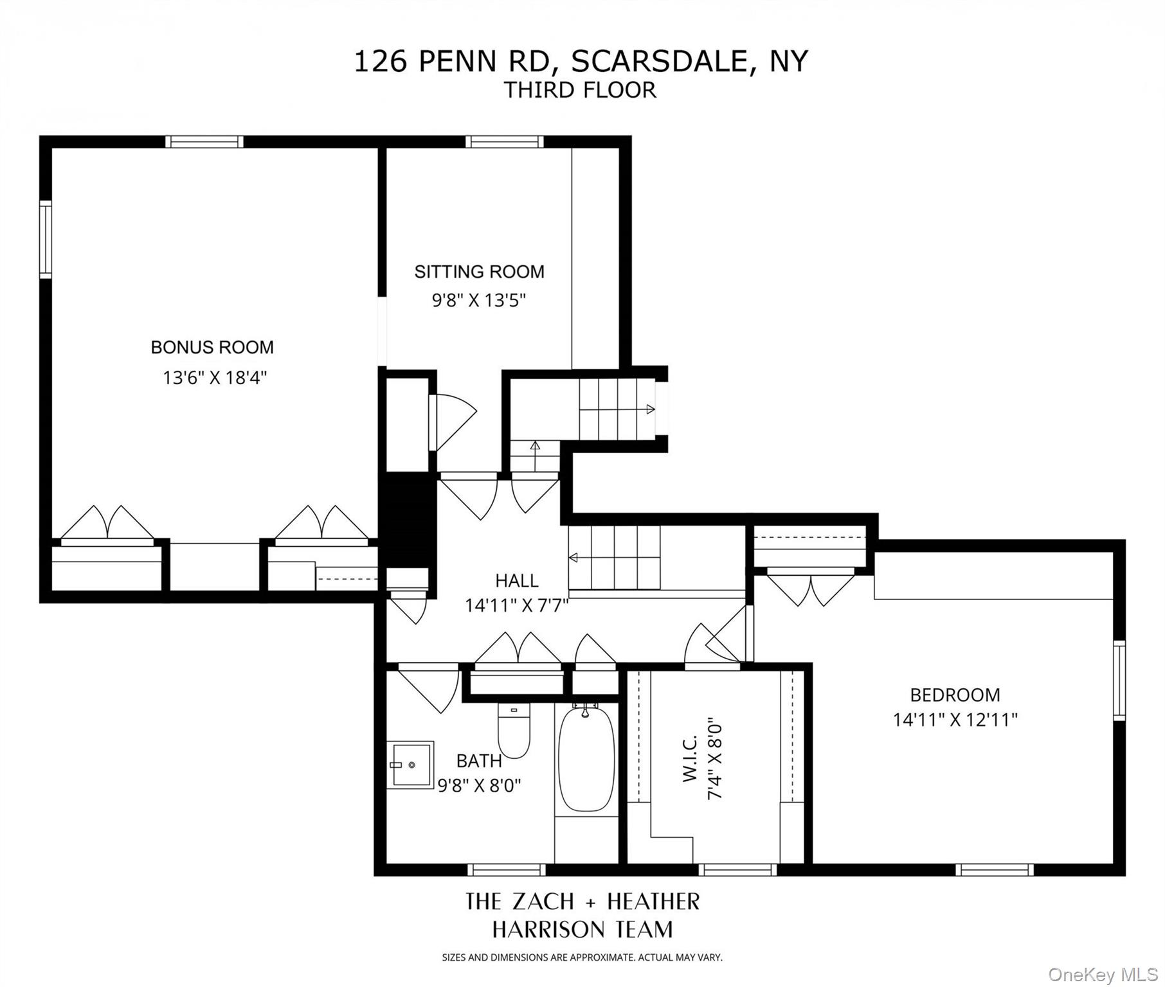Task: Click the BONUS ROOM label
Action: [x=212, y=348]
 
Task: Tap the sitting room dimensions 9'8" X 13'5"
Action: [x=479, y=300]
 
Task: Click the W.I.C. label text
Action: [x=690, y=760]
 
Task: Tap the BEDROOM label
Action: [x=955, y=695]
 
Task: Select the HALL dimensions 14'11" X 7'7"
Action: [x=516, y=605]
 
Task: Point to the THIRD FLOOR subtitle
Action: [x=580, y=90]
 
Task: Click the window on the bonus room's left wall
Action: [x=45, y=239]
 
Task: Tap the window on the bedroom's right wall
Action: [x=1119, y=680]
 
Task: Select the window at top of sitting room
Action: [x=504, y=141]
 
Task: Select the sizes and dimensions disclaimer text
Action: [x=582, y=957]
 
